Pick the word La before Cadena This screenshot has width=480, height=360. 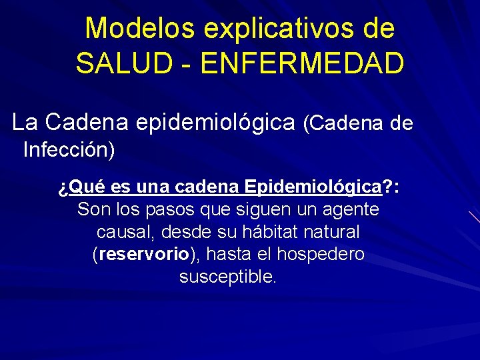[x=26, y=123]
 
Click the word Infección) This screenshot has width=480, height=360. [x=69, y=150]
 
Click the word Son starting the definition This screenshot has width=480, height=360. [x=92, y=209]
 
